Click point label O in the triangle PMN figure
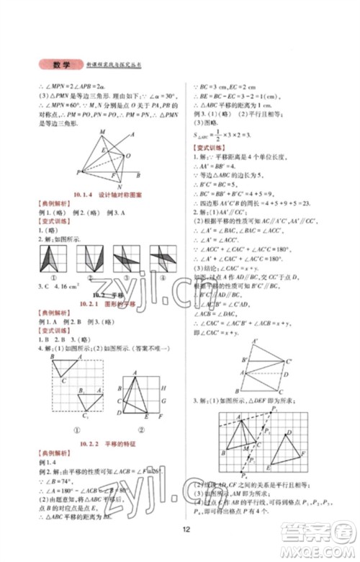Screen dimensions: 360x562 point(127,154)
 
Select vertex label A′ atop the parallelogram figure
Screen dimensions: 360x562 point(253,340)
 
